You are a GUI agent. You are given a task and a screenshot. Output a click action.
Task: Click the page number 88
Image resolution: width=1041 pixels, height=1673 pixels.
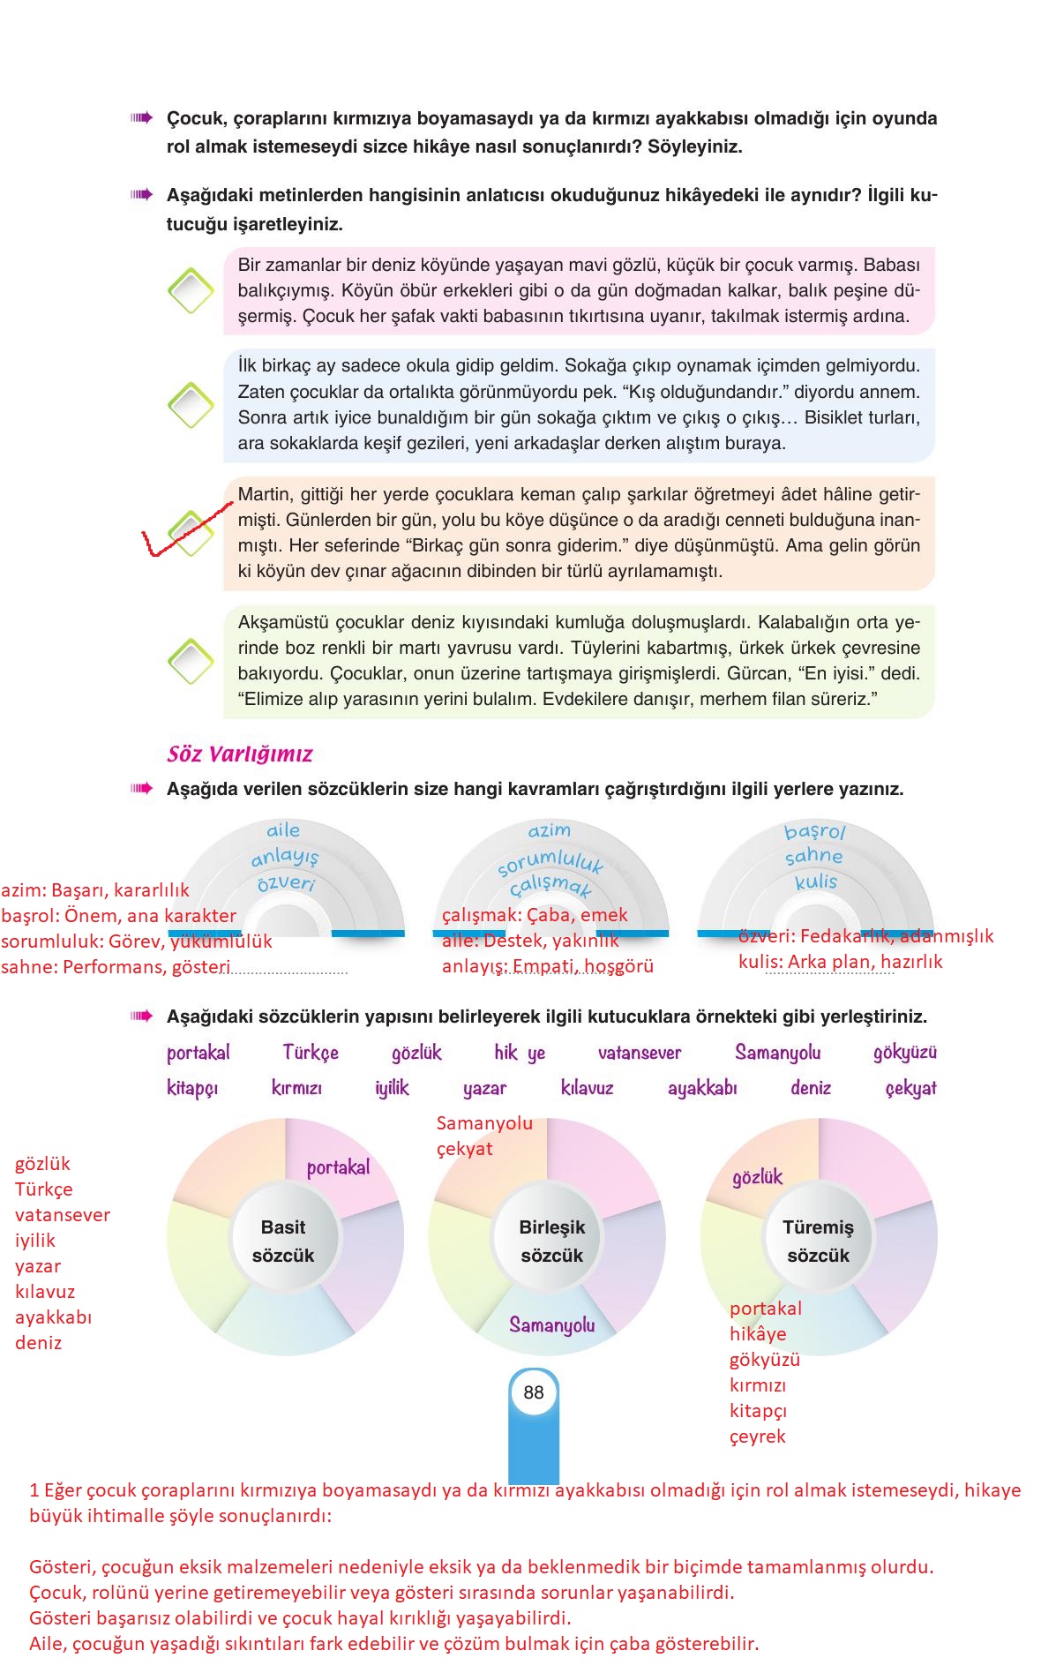[x=534, y=1392]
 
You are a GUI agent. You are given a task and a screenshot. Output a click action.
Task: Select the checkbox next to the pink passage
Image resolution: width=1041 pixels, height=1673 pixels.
[x=191, y=290]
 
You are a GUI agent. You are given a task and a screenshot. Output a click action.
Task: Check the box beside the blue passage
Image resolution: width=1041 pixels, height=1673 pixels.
[x=191, y=405]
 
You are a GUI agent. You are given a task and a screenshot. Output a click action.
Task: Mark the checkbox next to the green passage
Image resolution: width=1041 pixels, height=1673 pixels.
[x=191, y=661]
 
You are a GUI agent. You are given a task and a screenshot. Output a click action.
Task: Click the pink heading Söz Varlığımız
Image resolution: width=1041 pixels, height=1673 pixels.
[x=240, y=754]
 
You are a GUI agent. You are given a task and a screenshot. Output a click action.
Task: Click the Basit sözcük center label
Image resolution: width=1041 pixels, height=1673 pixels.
[x=283, y=1241]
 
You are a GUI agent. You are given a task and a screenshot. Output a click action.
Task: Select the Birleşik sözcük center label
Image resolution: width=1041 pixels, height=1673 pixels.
[x=551, y=1241]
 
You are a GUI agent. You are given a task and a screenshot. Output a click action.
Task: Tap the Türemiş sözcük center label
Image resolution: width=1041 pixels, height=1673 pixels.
[x=818, y=1241]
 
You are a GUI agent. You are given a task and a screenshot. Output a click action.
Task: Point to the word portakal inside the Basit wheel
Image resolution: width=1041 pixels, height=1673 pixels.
[x=338, y=1167]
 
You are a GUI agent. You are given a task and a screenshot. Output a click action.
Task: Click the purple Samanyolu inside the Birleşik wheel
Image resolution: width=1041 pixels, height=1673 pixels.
[x=551, y=1324]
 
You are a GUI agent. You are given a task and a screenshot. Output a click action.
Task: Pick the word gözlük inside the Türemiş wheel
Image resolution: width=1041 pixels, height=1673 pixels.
[x=757, y=1177]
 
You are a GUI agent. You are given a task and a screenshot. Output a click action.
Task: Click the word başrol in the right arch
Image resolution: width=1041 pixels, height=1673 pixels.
[x=814, y=831]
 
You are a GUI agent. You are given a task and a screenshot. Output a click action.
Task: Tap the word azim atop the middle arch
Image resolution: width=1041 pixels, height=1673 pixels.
[x=549, y=830]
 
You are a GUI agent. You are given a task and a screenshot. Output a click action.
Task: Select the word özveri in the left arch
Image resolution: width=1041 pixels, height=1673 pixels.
[x=286, y=883]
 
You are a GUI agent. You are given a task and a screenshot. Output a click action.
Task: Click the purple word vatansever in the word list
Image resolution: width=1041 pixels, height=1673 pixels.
[x=640, y=1053]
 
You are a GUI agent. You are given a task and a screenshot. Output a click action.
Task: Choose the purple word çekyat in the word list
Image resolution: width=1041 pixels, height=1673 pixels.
[x=910, y=1088]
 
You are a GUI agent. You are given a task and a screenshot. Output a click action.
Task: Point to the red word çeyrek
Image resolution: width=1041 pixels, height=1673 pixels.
[x=757, y=1437]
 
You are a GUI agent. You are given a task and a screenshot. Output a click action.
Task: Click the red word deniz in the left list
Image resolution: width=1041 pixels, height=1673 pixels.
[x=38, y=1343]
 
